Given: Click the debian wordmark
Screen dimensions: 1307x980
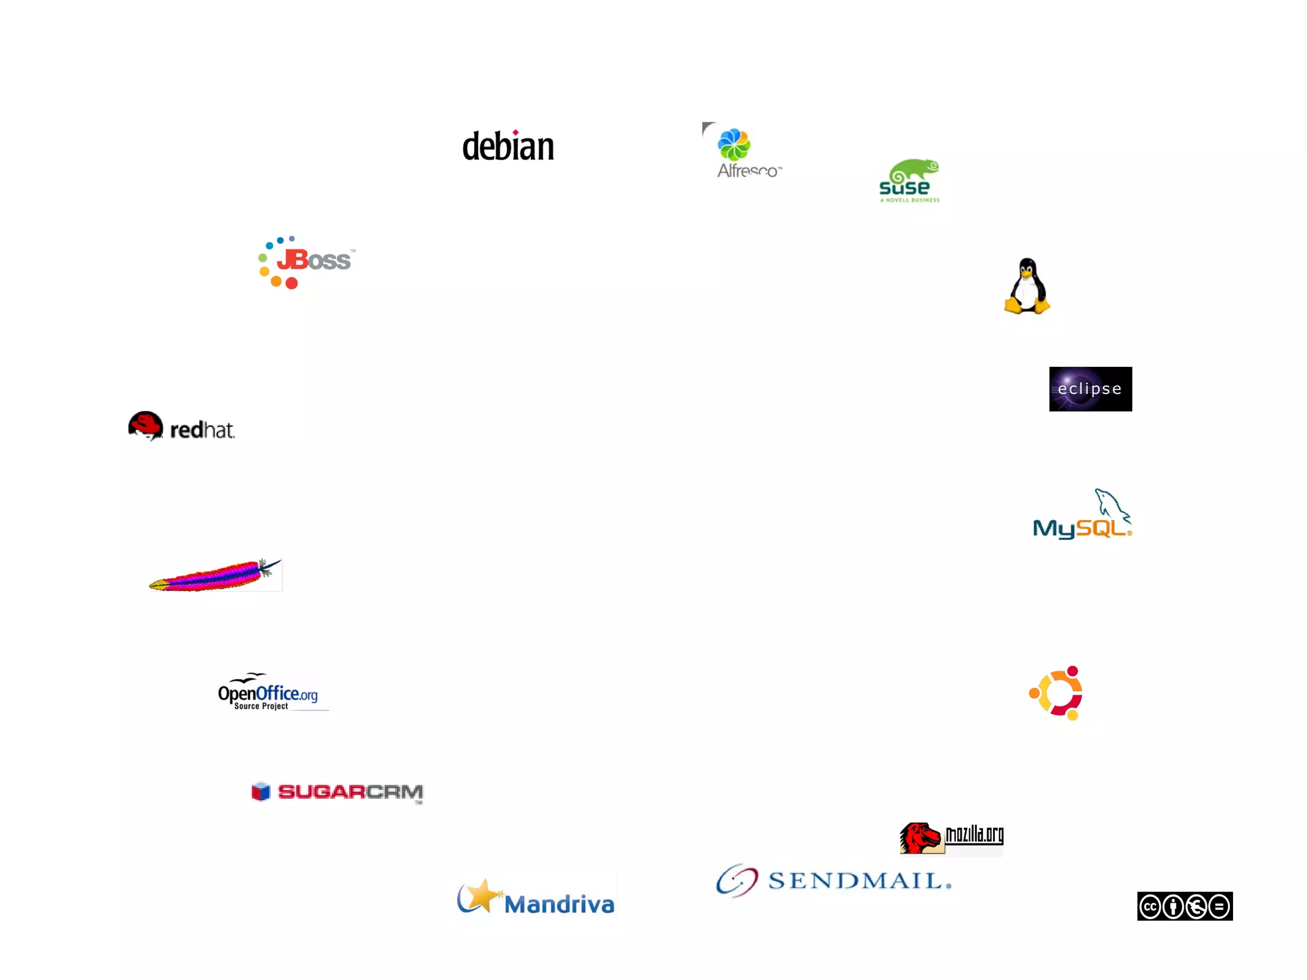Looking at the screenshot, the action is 508,147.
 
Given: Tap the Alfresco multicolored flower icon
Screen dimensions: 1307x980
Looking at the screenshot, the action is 734,144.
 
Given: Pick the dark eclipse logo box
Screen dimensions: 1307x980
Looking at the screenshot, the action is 1090,389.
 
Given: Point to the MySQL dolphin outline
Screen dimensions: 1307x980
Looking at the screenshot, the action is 1112,505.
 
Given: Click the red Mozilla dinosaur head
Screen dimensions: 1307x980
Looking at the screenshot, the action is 920,838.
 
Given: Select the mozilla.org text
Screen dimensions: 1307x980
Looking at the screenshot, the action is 974,835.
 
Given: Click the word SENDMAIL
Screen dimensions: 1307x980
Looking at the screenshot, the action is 858,881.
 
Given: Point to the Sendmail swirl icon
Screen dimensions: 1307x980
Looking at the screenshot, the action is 737,881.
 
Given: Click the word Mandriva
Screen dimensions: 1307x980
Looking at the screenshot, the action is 559,904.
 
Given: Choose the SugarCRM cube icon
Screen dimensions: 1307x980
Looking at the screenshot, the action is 261,792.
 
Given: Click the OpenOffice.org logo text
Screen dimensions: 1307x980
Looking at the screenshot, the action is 268,694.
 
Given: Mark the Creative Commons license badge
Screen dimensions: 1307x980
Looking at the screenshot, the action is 1184,906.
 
